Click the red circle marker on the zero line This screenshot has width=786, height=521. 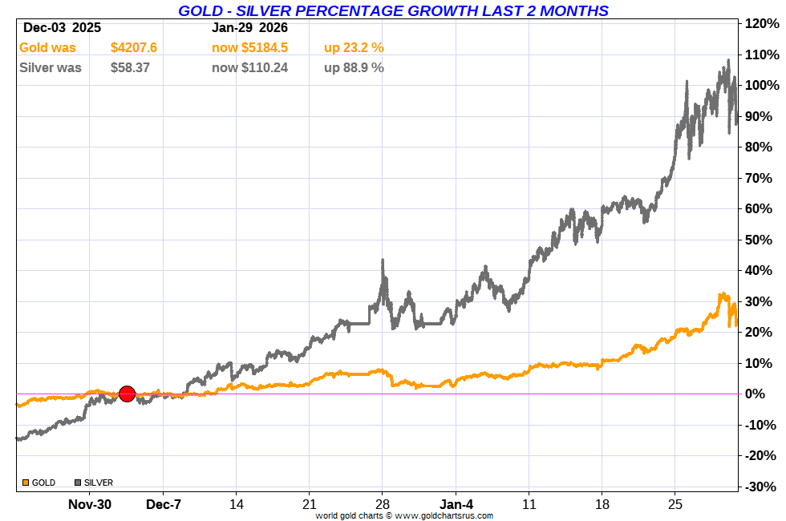[127, 394]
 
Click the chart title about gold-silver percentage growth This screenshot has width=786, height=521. [393, 10]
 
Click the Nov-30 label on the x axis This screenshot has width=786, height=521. [90, 504]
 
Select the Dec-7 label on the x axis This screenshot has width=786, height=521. [163, 504]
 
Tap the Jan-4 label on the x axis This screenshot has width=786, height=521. [456, 504]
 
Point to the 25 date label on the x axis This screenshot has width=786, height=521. [675, 504]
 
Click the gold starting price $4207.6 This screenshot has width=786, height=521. [134, 48]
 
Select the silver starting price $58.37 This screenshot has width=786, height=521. [130, 68]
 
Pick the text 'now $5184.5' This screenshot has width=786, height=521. [249, 48]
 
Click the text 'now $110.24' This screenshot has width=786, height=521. [249, 68]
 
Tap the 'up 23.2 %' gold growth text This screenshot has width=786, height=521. [354, 48]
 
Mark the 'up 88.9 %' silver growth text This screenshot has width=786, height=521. [354, 68]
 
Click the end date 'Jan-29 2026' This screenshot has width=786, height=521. [249, 28]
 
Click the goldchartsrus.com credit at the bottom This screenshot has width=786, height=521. [404, 515]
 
